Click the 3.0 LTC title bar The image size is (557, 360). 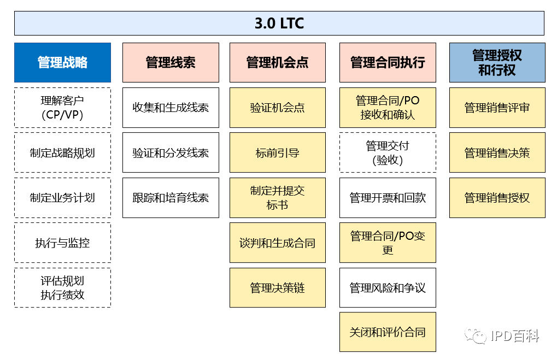click(x=279, y=23)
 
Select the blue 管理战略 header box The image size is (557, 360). click(x=62, y=62)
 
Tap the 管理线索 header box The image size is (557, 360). click(x=171, y=62)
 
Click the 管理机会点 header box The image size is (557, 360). click(x=278, y=62)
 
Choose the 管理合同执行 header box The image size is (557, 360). click(x=388, y=62)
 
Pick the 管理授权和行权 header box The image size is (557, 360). click(x=497, y=62)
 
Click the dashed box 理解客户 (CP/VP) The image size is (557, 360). click(x=62, y=108)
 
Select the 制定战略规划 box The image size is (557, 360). click(x=62, y=152)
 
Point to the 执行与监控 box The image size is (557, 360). click(x=62, y=243)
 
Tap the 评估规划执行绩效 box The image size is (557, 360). click(x=62, y=287)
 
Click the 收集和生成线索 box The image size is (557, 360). click(x=171, y=108)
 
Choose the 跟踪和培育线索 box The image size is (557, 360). click(x=171, y=198)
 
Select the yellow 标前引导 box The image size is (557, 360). click(x=278, y=152)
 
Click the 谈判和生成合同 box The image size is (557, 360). click(x=278, y=243)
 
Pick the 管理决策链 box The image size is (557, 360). click(x=278, y=287)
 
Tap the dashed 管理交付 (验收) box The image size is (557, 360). click(x=388, y=152)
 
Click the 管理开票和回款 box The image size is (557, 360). click(x=388, y=198)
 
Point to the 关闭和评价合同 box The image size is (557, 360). click(x=388, y=332)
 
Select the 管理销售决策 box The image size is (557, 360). click(x=497, y=152)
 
